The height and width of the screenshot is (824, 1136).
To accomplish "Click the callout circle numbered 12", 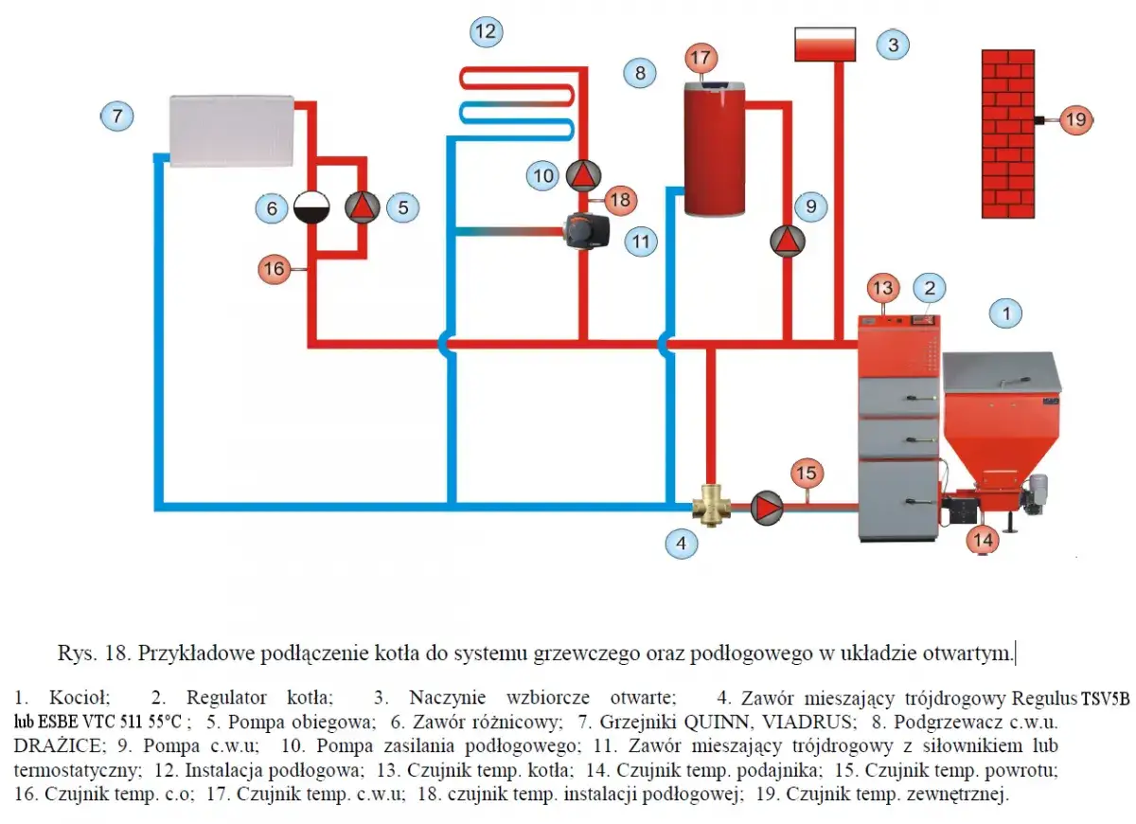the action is coord(486,31).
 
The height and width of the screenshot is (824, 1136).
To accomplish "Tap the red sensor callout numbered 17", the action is coord(701,58).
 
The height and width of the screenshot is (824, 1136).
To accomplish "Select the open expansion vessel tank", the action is coord(825,45).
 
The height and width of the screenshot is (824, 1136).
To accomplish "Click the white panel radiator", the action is coord(232,131).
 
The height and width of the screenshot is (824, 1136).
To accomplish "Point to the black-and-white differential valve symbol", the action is coord(311,207).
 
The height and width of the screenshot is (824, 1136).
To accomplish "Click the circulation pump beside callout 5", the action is coord(362,207).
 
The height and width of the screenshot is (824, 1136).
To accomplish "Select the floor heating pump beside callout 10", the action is coord(583,175).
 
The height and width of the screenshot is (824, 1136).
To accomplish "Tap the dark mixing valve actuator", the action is coord(587,231).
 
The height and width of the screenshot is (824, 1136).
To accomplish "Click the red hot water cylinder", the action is coord(715,149).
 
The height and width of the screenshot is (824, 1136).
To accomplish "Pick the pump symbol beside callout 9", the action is coord(787,241).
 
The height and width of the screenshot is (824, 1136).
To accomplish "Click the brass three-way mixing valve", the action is coord(711,506).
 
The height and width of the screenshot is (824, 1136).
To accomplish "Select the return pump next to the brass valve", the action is coord(766,507).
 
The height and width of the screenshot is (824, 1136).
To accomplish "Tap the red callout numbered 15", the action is coord(807,473).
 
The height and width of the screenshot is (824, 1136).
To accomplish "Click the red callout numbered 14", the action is coord(983,540).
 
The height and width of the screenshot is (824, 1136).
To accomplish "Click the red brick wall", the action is coord(1008,134).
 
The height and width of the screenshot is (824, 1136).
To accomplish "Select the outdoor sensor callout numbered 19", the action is coord(1076,119).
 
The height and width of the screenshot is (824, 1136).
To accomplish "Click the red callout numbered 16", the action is coord(275,268).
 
